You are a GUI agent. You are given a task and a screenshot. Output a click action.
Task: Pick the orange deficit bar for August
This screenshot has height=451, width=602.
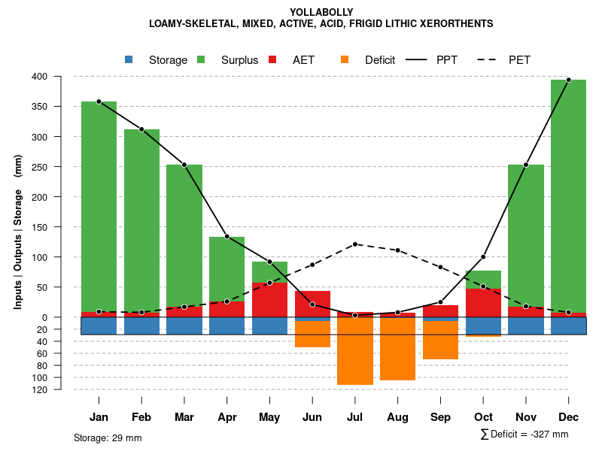397,349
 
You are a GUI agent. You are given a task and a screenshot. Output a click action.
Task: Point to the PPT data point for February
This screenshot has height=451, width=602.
141,129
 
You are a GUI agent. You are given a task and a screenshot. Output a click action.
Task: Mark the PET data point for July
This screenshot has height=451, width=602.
355,244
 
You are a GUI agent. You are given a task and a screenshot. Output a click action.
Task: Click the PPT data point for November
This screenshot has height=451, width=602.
526,165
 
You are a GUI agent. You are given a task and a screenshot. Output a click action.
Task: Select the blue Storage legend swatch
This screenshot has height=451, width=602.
129,59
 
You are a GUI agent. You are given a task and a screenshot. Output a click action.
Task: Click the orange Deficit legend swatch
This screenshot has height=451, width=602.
345,59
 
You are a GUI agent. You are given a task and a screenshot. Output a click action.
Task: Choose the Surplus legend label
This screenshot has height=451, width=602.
239,60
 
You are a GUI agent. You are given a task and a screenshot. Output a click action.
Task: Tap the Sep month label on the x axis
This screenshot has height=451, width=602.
440,417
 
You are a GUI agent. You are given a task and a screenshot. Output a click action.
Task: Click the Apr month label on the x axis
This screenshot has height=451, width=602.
227,417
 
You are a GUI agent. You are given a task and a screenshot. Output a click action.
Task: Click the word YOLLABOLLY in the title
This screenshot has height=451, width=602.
321,12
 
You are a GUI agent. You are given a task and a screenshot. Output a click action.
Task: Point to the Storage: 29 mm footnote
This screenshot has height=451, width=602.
108,437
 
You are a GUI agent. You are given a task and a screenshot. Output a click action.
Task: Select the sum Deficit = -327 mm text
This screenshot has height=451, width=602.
524,434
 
